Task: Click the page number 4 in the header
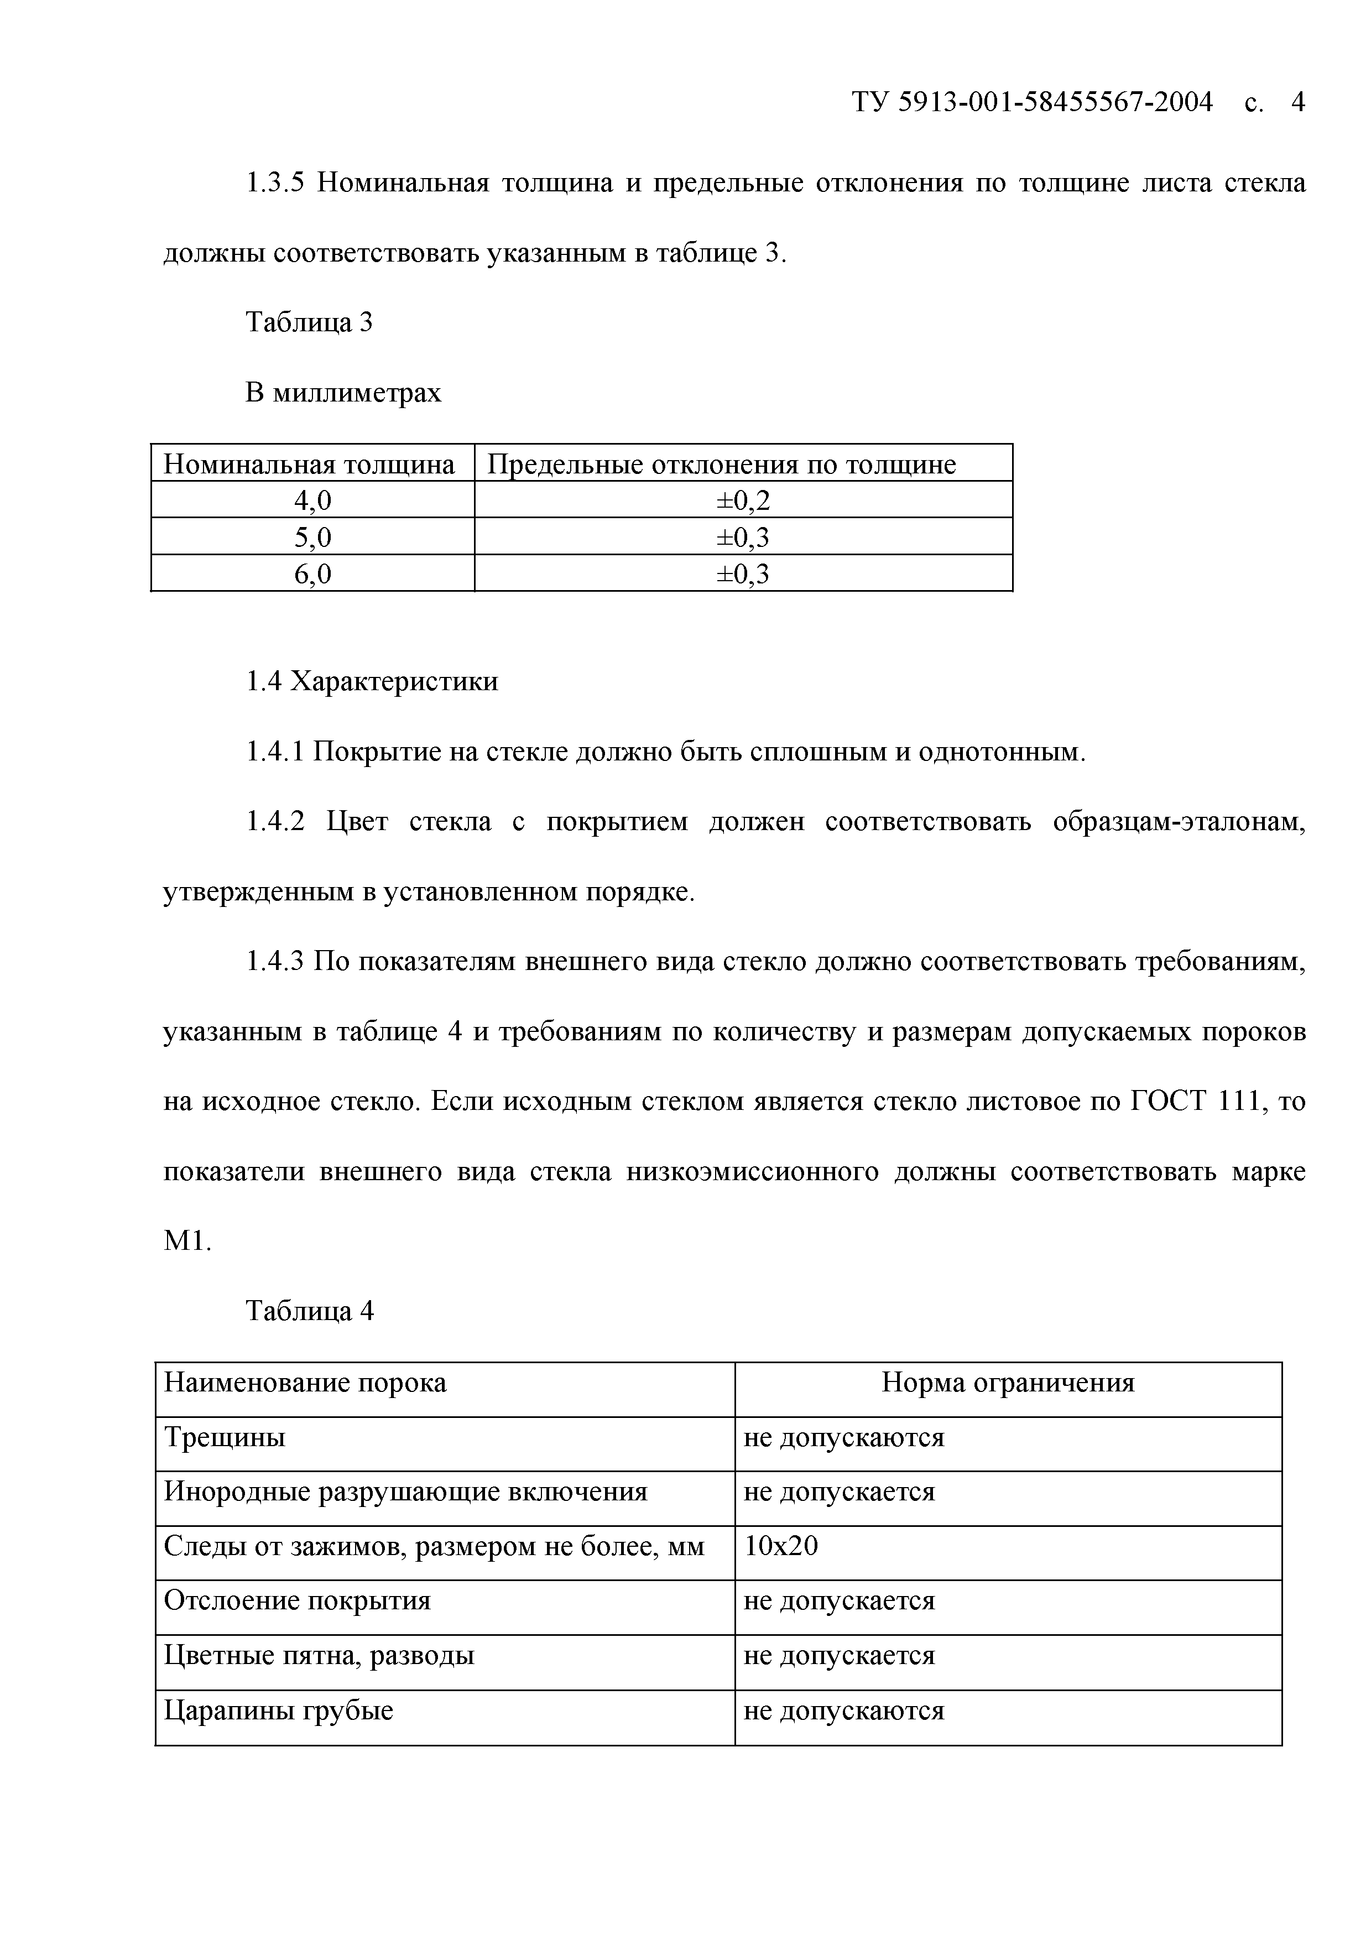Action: [x=1297, y=102]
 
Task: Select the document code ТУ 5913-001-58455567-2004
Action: [x=1033, y=102]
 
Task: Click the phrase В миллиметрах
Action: [x=343, y=392]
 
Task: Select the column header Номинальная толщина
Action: [x=309, y=464]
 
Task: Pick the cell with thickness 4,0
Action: [x=312, y=500]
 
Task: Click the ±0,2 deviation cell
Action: [x=743, y=500]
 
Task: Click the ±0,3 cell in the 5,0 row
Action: [x=743, y=538]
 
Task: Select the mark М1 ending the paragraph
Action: [x=186, y=1241]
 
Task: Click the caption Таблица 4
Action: [x=309, y=1311]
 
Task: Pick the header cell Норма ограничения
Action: [x=1007, y=1383]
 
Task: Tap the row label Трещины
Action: [x=225, y=1437]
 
